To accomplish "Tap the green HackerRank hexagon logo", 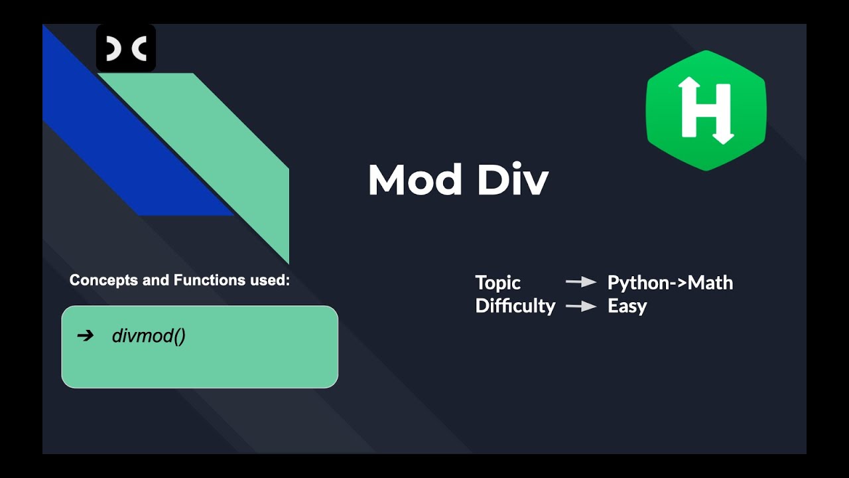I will tap(706, 110).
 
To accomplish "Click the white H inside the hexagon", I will tap(706, 110).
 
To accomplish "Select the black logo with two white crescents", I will tap(126, 48).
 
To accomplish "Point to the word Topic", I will tap(498, 283).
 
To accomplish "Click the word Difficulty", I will tap(515, 306).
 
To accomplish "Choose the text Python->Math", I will tap(670, 283).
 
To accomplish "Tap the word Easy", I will tap(627, 306).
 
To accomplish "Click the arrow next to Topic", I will tap(581, 283).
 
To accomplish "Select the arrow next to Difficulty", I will tap(581, 306).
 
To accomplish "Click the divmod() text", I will tap(149, 336).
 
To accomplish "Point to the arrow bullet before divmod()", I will tap(86, 336).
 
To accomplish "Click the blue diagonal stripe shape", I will tap(133, 159).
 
